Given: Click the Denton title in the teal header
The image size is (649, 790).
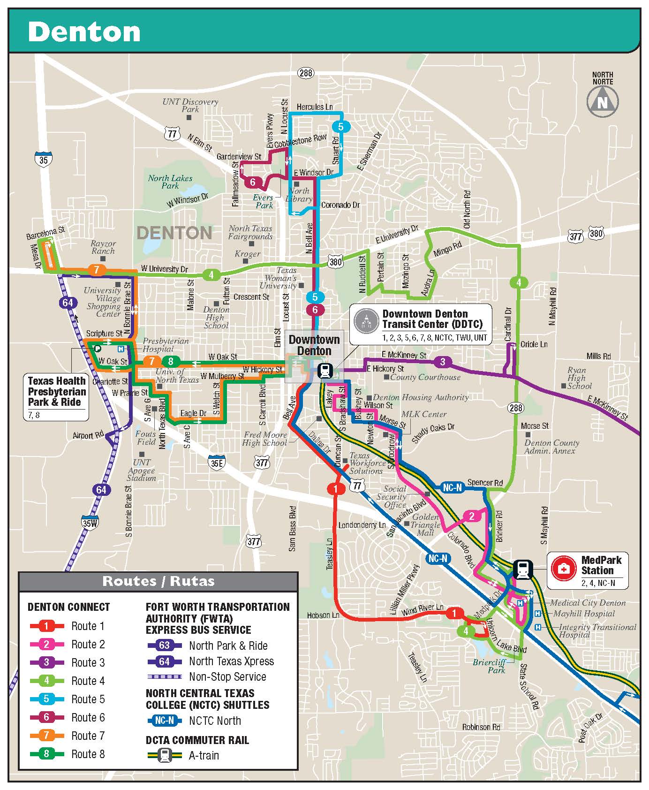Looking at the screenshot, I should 84,31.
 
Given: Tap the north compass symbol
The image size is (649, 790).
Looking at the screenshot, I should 603,101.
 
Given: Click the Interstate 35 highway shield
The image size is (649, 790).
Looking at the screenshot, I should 43,159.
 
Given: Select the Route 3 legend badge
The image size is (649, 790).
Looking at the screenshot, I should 46,662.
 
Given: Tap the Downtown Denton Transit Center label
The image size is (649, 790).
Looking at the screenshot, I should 425,319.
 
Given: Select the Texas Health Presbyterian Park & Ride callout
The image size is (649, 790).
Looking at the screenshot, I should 57,392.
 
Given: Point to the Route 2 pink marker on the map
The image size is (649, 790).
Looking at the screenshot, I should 471,516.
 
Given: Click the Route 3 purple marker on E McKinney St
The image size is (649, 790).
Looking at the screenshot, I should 442,362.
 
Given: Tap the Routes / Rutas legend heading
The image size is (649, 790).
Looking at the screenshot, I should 158,581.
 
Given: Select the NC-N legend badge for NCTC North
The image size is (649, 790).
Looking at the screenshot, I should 165,721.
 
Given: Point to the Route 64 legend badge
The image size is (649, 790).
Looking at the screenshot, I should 164,661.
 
